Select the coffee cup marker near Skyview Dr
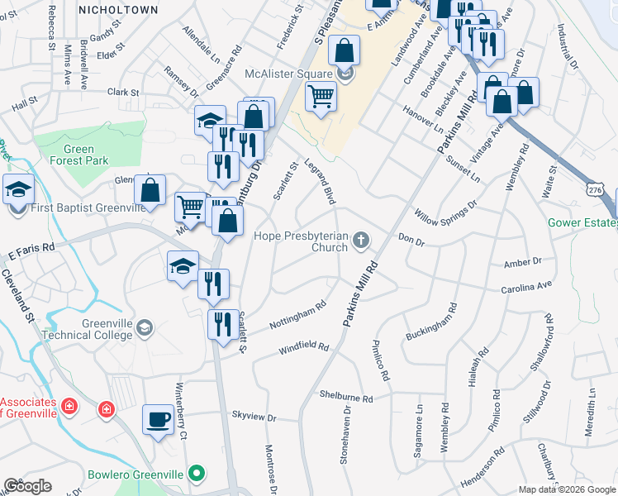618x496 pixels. point(158,419)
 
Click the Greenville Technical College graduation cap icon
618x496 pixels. point(145,328)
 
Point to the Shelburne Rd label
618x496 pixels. point(346,396)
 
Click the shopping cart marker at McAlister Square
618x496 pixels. point(321,97)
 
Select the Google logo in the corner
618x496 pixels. point(27,485)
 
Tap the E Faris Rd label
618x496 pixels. point(31,246)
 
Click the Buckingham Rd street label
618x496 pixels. point(431,323)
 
